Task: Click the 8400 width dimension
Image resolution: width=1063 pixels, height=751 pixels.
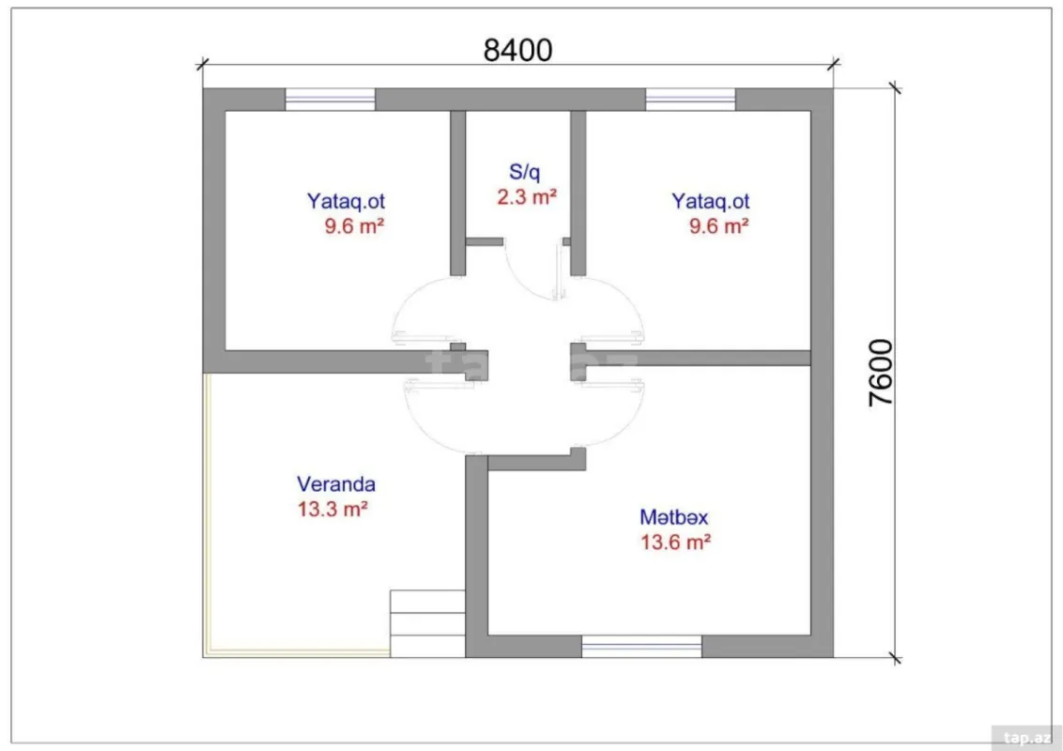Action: (517, 50)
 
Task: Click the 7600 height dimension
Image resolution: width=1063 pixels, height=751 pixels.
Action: (881, 372)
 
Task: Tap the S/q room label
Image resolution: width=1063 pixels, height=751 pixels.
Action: (525, 172)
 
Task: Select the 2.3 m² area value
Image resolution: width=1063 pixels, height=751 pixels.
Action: (527, 197)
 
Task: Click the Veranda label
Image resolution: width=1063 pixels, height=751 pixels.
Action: (336, 484)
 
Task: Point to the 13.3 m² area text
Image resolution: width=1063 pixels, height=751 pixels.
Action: (331, 510)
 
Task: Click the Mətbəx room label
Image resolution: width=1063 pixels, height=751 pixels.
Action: (673, 517)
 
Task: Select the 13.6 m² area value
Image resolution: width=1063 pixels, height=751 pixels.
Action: (674, 543)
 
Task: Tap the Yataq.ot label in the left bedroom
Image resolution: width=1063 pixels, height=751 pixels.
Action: (346, 201)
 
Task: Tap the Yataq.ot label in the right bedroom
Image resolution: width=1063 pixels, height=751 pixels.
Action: (710, 201)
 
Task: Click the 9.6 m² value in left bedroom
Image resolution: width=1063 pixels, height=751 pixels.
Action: (354, 226)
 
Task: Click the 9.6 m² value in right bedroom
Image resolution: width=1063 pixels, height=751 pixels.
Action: (718, 226)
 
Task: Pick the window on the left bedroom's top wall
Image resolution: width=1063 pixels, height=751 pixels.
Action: (330, 99)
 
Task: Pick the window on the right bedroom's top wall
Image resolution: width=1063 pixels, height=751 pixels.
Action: (690, 99)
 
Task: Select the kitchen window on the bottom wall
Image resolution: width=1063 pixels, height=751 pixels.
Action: (641, 646)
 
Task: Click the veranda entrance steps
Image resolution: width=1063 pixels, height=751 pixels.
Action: (427, 623)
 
